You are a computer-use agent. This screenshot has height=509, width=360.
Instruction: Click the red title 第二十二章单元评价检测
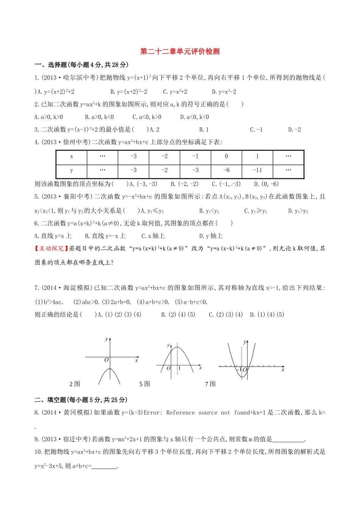tap(180, 52)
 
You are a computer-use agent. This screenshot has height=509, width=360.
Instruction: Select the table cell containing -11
tap(257, 170)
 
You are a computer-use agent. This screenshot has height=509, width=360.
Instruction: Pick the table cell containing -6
tap(226, 170)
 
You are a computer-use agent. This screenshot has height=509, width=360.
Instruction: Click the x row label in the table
tap(72, 156)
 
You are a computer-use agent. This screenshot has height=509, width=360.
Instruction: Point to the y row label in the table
tap(72, 170)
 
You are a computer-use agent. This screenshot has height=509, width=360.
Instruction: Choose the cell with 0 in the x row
tap(226, 156)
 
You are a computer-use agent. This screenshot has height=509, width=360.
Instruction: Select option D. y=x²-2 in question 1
tap(224, 92)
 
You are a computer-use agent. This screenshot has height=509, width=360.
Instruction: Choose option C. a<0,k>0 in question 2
tap(147, 117)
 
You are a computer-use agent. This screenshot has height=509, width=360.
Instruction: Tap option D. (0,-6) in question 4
tap(266, 184)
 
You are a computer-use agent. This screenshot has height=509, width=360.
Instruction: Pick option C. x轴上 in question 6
tap(153, 236)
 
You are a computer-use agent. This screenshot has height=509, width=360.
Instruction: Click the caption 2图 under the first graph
tap(75, 384)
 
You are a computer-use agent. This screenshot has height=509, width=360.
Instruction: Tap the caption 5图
tap(144, 384)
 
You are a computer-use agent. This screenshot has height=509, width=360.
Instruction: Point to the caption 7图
tap(210, 384)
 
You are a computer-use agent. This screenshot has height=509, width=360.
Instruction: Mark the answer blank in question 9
tap(288, 440)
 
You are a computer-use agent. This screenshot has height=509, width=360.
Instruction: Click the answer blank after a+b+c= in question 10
tap(104, 467)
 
